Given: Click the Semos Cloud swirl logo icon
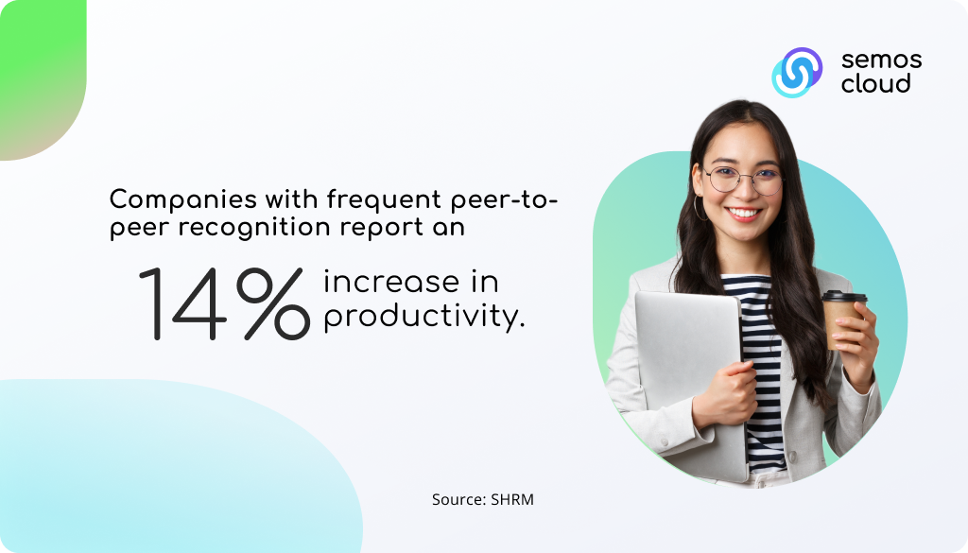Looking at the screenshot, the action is click(797, 72).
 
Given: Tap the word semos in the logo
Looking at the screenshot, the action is click(882, 60).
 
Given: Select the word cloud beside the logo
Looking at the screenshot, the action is click(876, 83).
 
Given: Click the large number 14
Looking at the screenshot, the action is click(182, 303).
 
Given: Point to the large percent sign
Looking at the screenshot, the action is click(273, 303).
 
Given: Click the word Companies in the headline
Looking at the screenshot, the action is click(183, 200).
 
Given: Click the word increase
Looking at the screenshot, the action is click(391, 282).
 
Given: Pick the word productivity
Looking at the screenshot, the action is click(424, 318).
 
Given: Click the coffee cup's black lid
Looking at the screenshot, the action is click(844, 296).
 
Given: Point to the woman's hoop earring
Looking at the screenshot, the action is click(700, 208).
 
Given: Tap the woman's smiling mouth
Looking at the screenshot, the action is click(744, 214).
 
